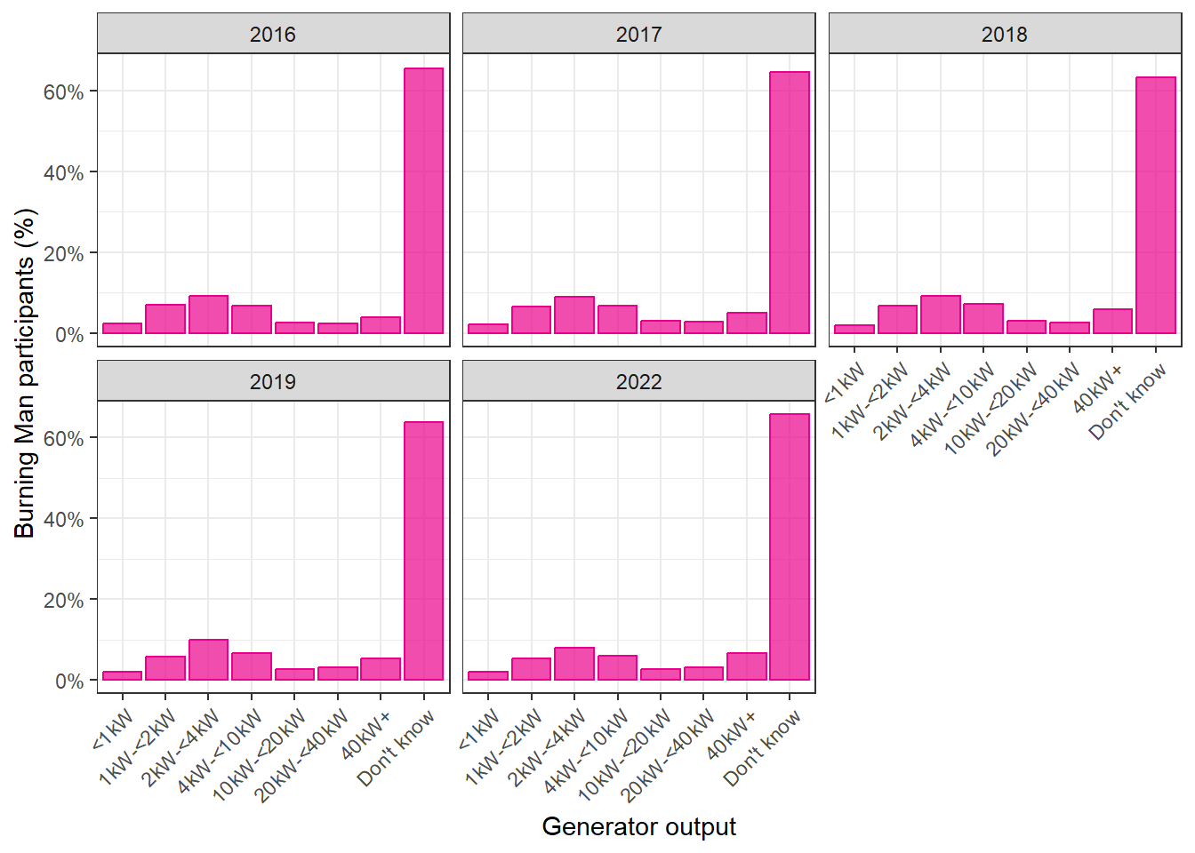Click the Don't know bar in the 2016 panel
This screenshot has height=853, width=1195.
pyautogui.click(x=423, y=201)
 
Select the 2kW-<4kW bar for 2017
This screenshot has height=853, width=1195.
pyautogui.click(x=574, y=315)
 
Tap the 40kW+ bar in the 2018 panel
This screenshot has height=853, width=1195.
pyautogui.click(x=1112, y=322)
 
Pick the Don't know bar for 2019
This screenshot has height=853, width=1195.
pyautogui.click(x=423, y=551)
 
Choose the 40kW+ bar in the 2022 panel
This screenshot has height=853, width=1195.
pyautogui.click(x=746, y=666)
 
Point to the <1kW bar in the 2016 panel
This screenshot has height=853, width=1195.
pyautogui.click(x=122, y=329)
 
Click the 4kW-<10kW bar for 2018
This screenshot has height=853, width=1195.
pyautogui.click(x=983, y=319)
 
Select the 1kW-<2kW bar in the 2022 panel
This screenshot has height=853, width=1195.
pyautogui.click(x=531, y=669)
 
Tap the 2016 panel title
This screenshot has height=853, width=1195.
pyautogui.click(x=273, y=35)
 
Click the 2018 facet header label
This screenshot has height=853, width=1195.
pyautogui.click(x=1005, y=35)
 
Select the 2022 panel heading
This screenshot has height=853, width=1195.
pyautogui.click(x=638, y=382)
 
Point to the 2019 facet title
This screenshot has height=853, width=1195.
pyautogui.click(x=273, y=382)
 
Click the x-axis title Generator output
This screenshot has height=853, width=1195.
pyautogui.click(x=638, y=827)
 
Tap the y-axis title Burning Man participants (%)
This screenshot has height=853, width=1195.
pyautogui.click(x=24, y=373)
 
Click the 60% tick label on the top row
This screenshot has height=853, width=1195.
pyautogui.click(x=63, y=92)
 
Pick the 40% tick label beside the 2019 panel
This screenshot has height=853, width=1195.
pyautogui.click(x=63, y=519)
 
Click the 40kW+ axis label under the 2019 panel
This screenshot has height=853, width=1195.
pyautogui.click(x=366, y=735)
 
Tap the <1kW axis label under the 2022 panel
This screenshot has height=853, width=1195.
pyautogui.click(x=479, y=730)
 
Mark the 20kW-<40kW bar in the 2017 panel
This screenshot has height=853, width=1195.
pyautogui.click(x=703, y=327)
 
